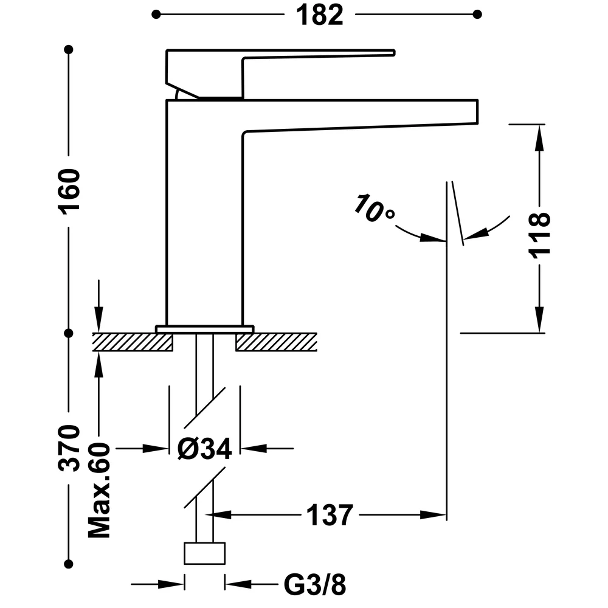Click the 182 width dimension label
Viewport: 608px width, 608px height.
[320, 15]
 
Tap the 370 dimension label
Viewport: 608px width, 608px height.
[69, 448]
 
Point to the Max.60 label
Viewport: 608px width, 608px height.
[99, 490]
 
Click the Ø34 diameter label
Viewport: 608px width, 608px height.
[204, 449]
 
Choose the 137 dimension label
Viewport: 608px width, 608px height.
[330, 516]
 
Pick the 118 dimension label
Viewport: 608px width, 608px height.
[539, 234]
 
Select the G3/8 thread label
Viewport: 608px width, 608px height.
[314, 585]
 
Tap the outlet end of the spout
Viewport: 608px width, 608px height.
[477, 112]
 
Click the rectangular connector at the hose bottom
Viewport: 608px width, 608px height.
[205, 553]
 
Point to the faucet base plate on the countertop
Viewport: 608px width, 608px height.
[205, 329]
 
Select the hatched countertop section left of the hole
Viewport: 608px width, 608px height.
[132, 342]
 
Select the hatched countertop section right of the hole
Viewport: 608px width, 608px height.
[277, 342]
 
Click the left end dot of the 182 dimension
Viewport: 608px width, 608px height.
[156, 15]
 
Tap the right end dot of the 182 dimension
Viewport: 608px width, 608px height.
[477, 15]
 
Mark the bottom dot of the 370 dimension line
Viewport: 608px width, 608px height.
[69, 564]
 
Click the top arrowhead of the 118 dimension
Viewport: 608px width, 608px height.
[539, 137]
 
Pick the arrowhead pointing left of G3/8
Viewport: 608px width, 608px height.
[238, 584]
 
